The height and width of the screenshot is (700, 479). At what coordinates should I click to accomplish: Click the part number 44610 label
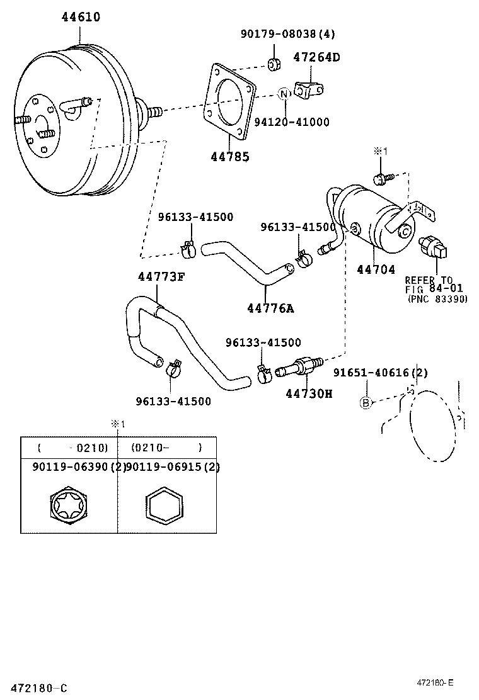(x=80, y=17)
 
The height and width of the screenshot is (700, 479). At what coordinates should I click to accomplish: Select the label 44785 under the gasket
(x=229, y=157)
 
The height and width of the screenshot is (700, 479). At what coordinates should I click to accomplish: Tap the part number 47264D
(x=316, y=57)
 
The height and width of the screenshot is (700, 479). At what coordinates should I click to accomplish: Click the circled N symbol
(x=284, y=94)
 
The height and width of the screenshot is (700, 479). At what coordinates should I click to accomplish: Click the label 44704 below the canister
(x=376, y=269)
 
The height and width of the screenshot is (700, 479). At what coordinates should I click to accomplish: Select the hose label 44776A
(x=270, y=308)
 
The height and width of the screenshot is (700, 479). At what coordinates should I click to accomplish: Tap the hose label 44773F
(x=161, y=276)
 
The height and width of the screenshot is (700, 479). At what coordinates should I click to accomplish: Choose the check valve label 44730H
(x=308, y=393)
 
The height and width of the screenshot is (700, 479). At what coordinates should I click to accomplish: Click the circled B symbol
(x=366, y=403)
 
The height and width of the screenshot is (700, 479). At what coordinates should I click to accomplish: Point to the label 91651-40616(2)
(x=380, y=373)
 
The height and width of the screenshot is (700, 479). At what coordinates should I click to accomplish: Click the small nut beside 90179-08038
(x=274, y=64)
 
